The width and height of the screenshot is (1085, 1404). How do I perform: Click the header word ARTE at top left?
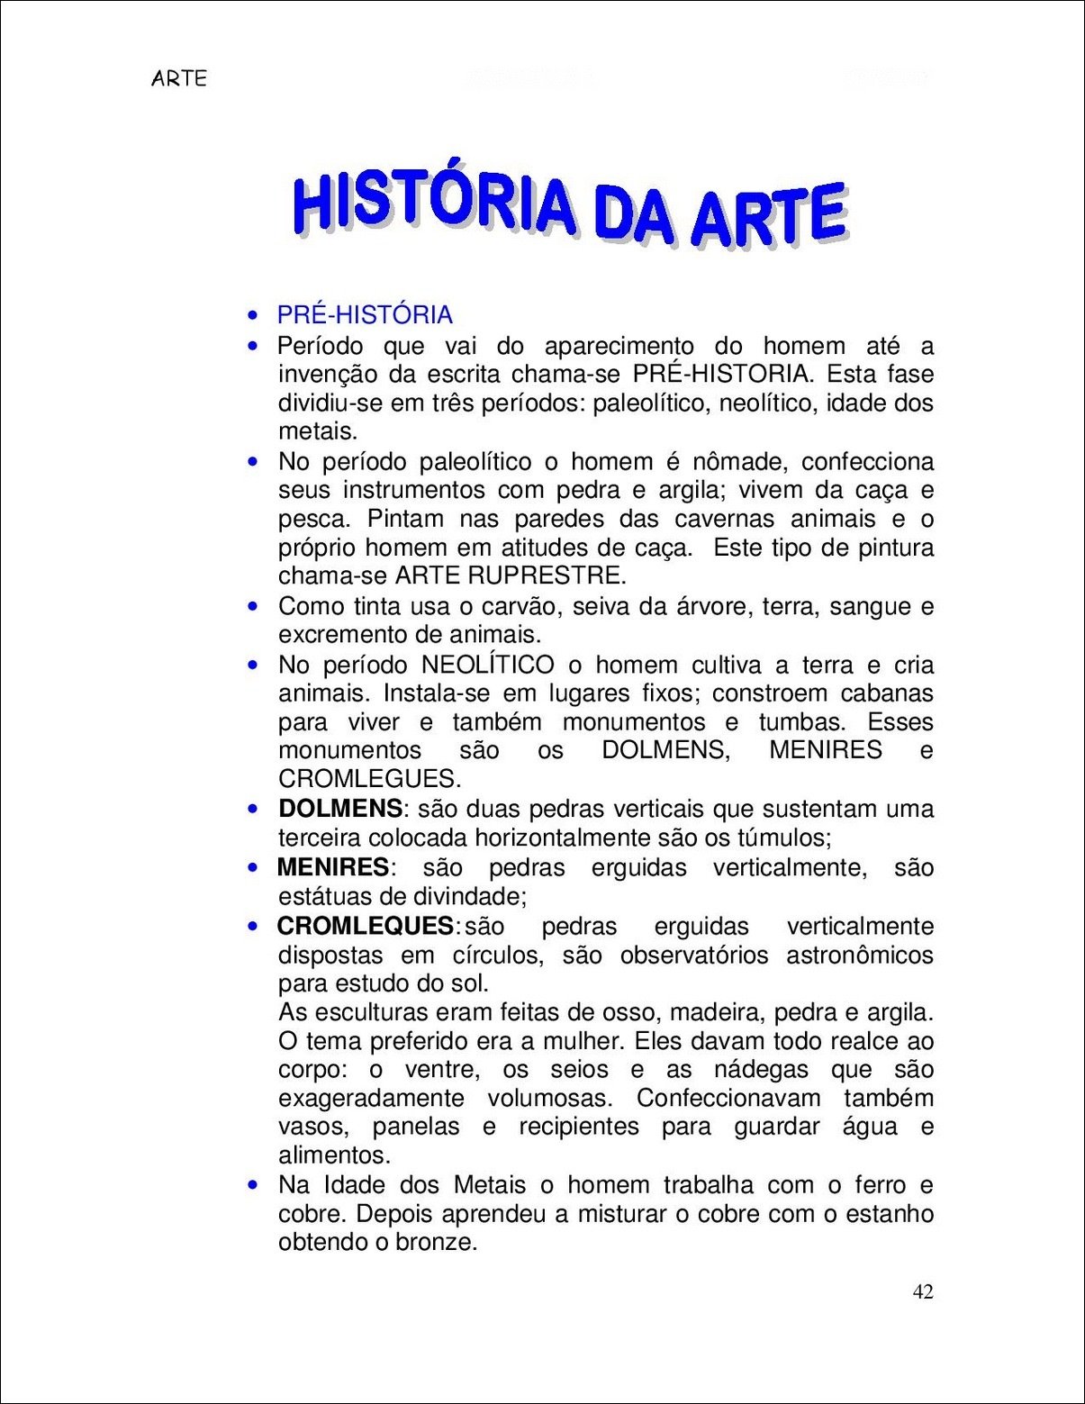(x=179, y=78)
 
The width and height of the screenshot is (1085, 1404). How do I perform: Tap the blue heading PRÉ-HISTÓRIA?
(x=365, y=315)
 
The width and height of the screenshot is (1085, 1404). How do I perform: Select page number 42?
(x=923, y=1292)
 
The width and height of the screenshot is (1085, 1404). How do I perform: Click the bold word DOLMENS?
(x=339, y=809)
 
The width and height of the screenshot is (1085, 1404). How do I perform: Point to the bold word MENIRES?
(x=332, y=867)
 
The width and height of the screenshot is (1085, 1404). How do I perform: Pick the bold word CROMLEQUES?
(x=365, y=926)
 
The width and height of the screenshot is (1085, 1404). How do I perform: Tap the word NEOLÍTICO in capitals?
(x=488, y=666)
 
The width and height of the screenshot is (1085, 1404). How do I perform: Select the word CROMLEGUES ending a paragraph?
(x=367, y=779)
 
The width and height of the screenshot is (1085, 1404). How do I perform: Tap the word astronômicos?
(x=860, y=956)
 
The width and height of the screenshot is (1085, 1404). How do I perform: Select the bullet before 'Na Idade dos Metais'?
(x=254, y=1185)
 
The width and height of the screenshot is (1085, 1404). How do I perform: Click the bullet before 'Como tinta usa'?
(x=254, y=607)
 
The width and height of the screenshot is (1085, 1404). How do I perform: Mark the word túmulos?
(x=780, y=838)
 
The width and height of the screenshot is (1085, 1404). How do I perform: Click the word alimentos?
(x=332, y=1155)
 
